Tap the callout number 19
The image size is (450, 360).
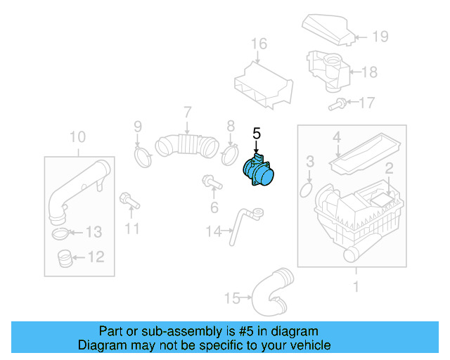point(380,37)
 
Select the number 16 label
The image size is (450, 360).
point(259,44)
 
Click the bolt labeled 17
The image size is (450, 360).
point(338,105)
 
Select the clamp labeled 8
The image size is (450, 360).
point(229,153)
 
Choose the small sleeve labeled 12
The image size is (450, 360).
point(63,259)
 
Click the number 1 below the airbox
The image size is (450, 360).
point(356,286)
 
